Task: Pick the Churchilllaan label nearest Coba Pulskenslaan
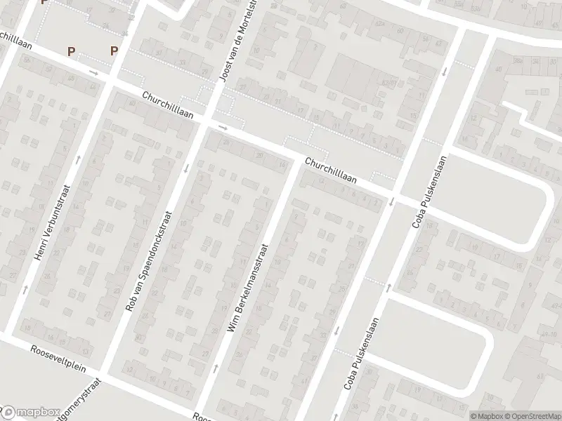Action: click(x=330, y=171)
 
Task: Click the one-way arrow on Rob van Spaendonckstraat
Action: click(x=186, y=168)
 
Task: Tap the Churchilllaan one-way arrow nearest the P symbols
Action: click(x=93, y=72)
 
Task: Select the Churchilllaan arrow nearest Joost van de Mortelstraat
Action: click(x=223, y=128)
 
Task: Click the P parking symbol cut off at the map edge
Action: click(x=45, y=2)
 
